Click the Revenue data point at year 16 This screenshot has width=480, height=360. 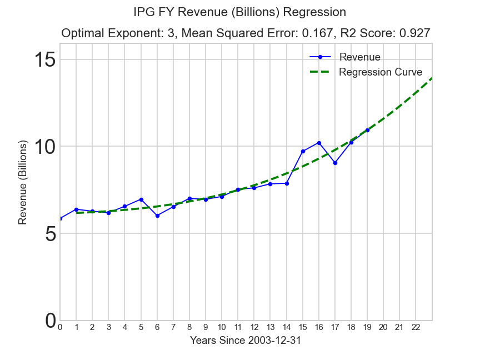[x=319, y=143]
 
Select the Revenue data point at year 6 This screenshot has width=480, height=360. [x=157, y=216]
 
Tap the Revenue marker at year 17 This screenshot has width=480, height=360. [x=335, y=163]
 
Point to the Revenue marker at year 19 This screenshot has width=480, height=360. [x=367, y=130]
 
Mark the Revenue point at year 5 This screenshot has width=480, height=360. [x=141, y=199]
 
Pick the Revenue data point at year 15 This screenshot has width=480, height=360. [x=303, y=151]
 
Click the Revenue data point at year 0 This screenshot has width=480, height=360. [x=60, y=218]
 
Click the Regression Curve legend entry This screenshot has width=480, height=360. [x=380, y=72]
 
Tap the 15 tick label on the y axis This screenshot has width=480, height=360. [x=45, y=59]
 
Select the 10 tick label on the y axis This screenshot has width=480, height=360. [x=45, y=147]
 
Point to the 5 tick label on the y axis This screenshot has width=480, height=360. [x=50, y=234]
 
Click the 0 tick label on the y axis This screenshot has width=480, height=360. [x=50, y=321]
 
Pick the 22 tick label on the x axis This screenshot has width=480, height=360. [x=416, y=328]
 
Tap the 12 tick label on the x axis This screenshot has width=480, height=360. [x=254, y=328]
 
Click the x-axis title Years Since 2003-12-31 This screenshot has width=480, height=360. [x=246, y=341]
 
